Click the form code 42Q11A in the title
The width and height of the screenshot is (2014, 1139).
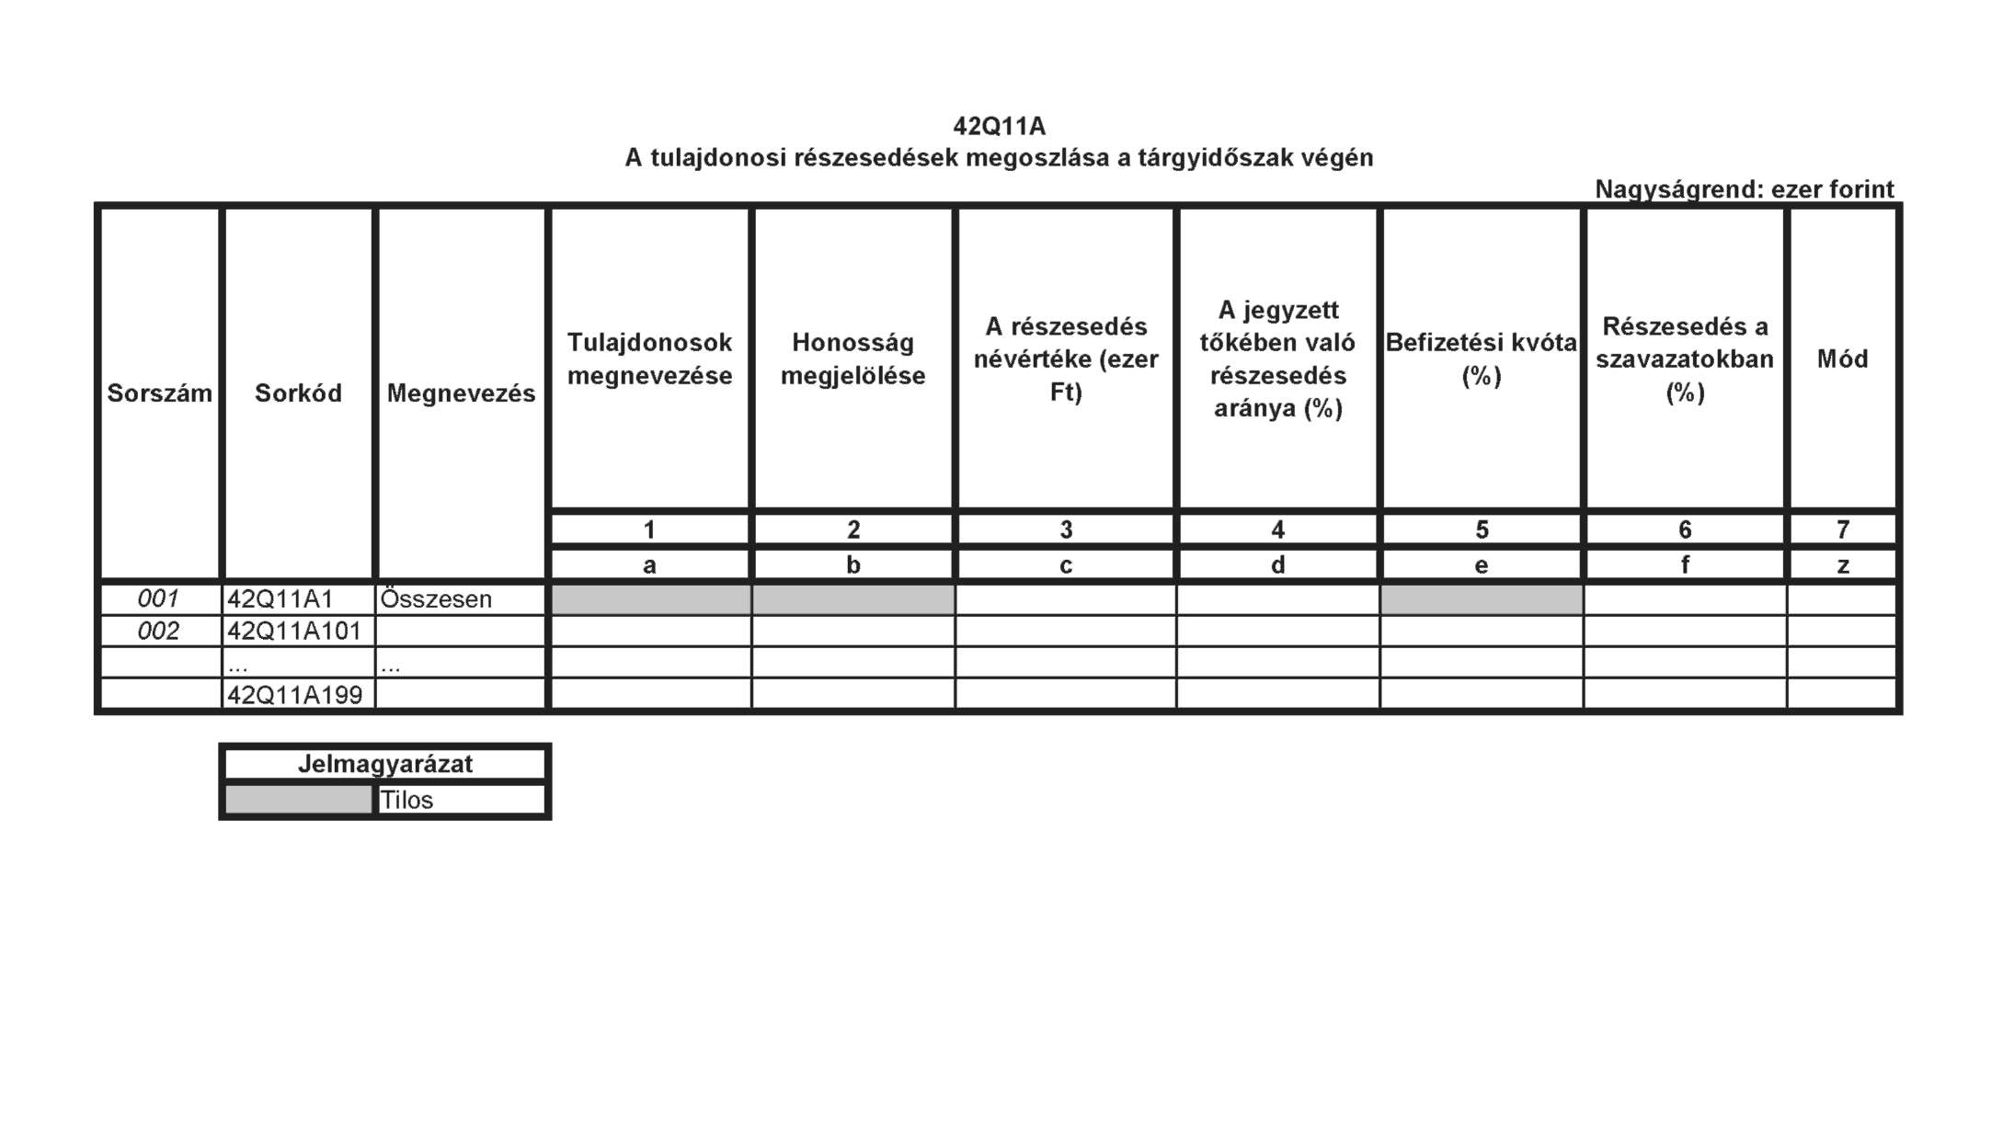click(999, 126)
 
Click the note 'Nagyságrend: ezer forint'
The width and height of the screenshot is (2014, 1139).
click(1744, 189)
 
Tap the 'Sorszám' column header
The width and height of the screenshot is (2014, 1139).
click(159, 393)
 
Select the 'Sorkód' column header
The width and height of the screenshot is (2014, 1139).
click(298, 393)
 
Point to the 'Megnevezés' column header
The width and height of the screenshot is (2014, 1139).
click(461, 393)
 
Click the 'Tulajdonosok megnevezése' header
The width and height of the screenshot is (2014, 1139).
click(649, 359)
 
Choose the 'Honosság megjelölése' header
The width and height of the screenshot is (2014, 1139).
click(853, 359)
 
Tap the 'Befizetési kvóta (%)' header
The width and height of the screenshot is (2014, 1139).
click(1481, 359)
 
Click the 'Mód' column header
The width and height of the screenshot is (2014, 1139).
click(1842, 359)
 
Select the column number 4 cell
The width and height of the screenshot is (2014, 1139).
click(1277, 530)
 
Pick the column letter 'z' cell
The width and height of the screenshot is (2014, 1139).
click(1842, 565)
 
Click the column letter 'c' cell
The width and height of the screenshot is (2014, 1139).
click(1066, 565)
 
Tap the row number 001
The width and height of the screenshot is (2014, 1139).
click(158, 599)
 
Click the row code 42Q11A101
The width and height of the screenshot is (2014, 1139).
click(294, 632)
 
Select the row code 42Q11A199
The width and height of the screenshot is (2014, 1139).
click(294, 695)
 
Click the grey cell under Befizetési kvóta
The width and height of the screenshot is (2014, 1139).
click(1481, 599)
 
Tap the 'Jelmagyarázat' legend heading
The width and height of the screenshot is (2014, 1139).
click(385, 764)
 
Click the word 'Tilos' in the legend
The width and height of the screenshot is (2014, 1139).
click(406, 800)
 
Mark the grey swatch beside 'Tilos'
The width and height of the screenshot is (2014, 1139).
click(298, 800)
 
